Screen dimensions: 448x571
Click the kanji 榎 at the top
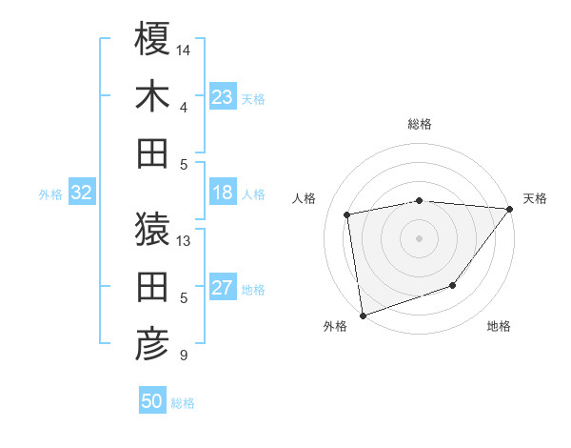tap(152, 39)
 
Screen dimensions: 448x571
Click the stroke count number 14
tap(184, 49)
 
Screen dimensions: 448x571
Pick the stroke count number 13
tap(184, 240)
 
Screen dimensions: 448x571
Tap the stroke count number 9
tap(183, 356)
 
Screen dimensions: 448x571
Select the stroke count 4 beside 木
tap(183, 107)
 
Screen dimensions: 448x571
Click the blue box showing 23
tap(223, 97)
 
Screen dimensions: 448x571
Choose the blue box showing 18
tap(223, 193)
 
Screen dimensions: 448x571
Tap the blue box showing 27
tap(223, 289)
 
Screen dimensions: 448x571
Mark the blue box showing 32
tap(82, 193)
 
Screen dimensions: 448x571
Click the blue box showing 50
tap(152, 401)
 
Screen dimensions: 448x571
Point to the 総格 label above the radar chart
tap(420, 124)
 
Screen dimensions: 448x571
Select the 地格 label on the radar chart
tap(499, 327)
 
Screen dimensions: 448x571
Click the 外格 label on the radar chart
tap(335, 327)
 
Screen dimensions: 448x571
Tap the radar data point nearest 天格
tap(510, 210)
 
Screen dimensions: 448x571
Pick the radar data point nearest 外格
tap(363, 315)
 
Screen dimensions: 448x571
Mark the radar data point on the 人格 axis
tap(348, 214)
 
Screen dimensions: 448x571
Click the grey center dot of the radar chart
tap(419, 238)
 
